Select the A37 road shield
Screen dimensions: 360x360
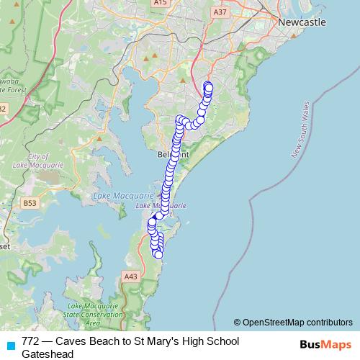tap(220, 12)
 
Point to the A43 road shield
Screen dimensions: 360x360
tap(130, 276)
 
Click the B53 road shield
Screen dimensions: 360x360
tap(30, 204)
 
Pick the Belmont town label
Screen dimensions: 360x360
tap(173, 154)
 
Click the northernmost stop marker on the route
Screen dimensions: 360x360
tap(208, 86)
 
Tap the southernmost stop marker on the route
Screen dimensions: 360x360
tap(158, 254)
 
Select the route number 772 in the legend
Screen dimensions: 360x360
tap(31, 341)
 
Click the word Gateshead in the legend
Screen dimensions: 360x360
tap(48, 354)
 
